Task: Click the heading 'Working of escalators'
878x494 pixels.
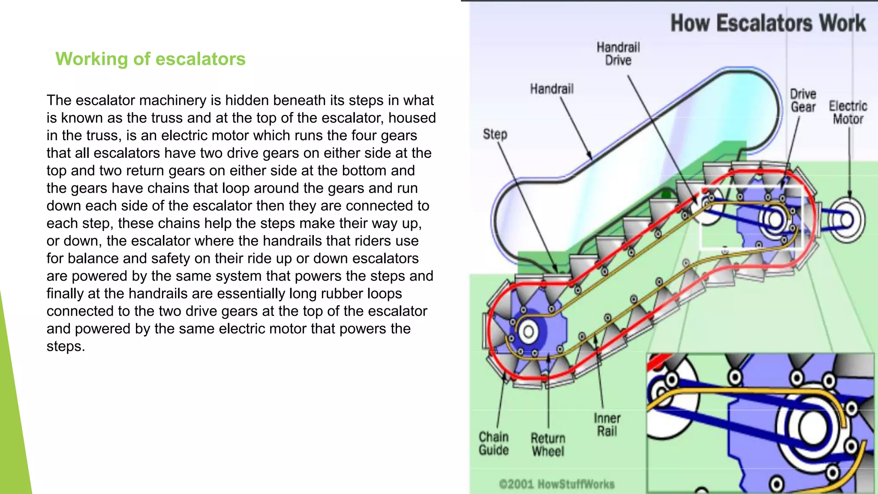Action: (150, 59)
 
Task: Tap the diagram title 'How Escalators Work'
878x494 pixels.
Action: (768, 23)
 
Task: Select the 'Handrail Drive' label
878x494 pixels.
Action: (618, 54)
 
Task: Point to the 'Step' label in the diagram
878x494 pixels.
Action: (495, 134)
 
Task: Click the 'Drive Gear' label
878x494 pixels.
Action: (803, 100)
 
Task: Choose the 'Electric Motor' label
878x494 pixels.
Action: (848, 112)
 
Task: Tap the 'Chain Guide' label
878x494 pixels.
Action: (493, 443)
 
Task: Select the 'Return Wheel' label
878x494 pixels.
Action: (548, 445)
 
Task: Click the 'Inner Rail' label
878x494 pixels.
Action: (607, 425)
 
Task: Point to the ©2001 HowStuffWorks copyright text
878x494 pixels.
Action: (556, 484)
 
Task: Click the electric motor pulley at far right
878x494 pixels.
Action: (847, 220)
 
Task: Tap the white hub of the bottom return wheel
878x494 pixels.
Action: (528, 331)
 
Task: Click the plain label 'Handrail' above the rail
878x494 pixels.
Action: (552, 89)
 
